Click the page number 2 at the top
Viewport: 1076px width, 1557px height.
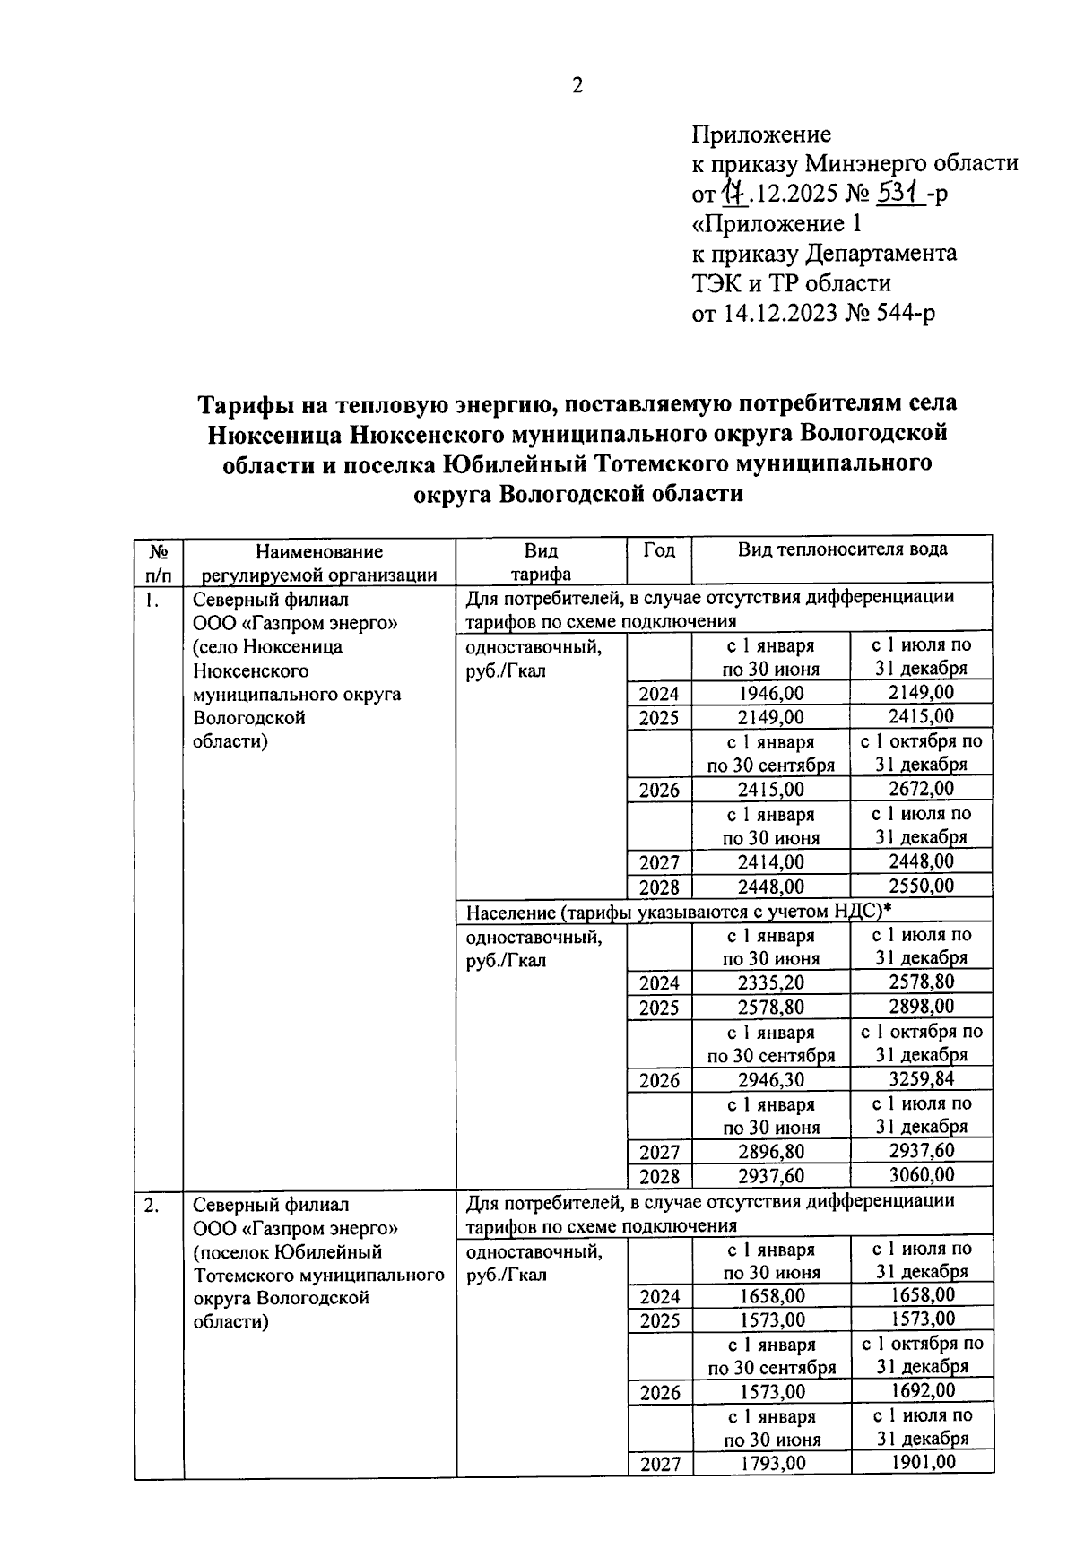[577, 86]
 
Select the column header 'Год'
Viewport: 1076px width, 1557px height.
[659, 550]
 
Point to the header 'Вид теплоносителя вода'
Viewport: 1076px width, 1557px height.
[842, 549]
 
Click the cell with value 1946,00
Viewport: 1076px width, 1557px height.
[771, 693]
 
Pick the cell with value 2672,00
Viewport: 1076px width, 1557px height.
[921, 789]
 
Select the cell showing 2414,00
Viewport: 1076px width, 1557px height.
[771, 862]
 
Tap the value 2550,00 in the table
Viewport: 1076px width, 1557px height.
[921, 886]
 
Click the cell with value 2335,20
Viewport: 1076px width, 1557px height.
[771, 983]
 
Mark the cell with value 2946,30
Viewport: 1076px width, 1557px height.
[771, 1080]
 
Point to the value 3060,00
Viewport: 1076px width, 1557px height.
[921, 1174]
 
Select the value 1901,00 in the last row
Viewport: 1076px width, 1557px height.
[922, 1462]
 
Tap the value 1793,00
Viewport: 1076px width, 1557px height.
[772, 1464]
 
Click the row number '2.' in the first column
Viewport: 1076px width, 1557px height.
[152, 1206]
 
